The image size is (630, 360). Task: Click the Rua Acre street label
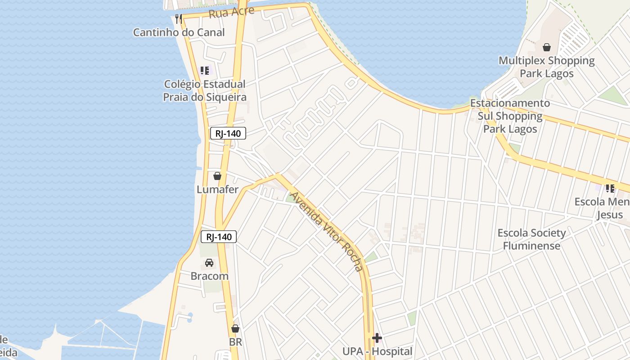(231, 12)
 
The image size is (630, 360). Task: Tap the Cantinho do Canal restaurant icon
(179, 18)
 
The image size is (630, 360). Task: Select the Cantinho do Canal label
(179, 32)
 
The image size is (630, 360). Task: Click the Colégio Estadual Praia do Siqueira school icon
(205, 71)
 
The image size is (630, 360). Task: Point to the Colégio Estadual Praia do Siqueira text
(205, 90)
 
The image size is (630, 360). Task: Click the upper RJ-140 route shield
(228, 133)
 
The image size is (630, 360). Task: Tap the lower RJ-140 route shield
(218, 237)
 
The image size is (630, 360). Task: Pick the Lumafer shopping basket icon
(217, 176)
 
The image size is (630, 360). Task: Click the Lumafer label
(217, 189)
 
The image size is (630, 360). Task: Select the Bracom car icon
(209, 263)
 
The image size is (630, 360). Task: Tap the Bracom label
(209, 276)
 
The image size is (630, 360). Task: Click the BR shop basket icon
(235, 329)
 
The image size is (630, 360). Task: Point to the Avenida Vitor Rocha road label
(326, 231)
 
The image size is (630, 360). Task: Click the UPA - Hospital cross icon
(377, 338)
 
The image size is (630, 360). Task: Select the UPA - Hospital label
(377, 351)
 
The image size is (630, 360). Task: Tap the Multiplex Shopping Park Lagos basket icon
(547, 47)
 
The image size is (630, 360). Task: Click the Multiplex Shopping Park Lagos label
(547, 67)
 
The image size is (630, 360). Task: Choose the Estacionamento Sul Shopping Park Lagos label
(510, 116)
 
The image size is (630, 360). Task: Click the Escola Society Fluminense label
(531, 239)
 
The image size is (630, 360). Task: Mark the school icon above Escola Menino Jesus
(610, 189)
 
